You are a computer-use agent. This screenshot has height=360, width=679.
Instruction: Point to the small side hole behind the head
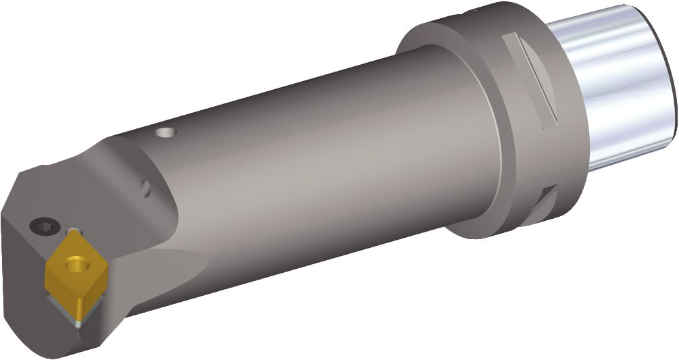146,185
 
